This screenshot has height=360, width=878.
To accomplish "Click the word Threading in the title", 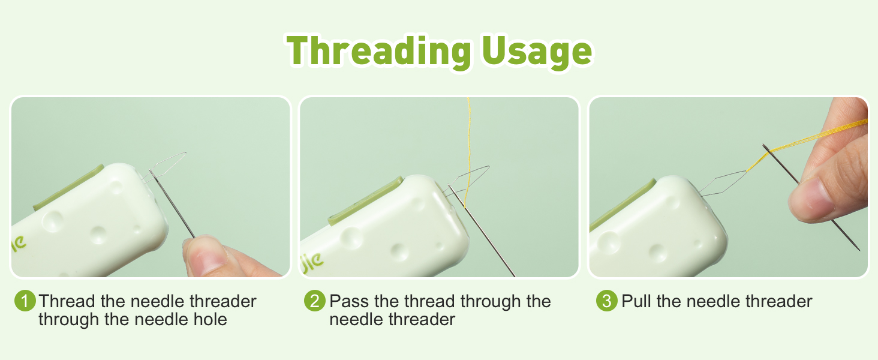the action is [379, 52].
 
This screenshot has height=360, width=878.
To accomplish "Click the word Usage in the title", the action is [537, 52].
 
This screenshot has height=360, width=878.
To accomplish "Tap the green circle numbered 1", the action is [25, 301].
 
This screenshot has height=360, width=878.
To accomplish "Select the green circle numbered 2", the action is [314, 301].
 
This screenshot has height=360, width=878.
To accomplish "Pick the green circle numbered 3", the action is [606, 301].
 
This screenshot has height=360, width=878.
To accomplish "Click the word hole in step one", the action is [211, 319].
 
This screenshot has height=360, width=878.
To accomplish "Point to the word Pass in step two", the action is [349, 301].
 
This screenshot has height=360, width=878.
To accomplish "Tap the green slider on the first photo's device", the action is [68, 187].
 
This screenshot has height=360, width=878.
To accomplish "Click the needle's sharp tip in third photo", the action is [859, 250].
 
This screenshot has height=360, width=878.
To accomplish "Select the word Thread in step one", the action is [67, 301].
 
